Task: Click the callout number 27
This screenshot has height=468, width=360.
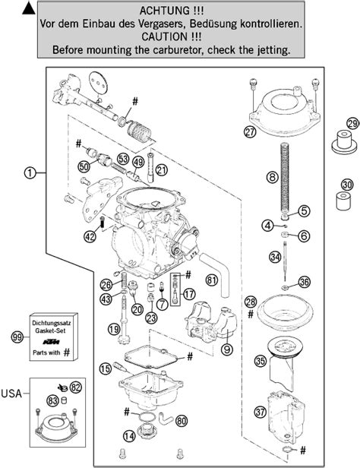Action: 250,131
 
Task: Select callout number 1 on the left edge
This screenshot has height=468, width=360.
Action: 30,172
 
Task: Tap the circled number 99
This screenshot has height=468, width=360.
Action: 17,337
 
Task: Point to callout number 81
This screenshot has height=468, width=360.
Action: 212,280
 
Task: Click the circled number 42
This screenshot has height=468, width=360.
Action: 90,236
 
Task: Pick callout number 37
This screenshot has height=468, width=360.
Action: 261,413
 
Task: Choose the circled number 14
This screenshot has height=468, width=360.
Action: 129,436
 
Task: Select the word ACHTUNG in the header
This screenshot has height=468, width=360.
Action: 163,11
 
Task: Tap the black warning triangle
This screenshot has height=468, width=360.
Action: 29,8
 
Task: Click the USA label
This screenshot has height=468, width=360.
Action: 12,394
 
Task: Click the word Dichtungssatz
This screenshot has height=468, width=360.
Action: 52,323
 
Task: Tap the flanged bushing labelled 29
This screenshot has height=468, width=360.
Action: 344,142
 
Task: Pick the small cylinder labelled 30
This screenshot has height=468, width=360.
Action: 343,201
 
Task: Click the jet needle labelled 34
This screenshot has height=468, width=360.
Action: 286,261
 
